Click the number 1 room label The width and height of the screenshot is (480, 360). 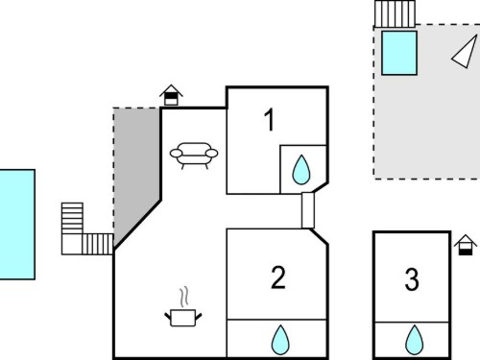click(270, 120)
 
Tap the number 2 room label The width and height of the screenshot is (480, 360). click(278, 277)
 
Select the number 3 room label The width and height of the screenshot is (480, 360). click(412, 279)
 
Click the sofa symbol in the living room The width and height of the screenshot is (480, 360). click(194, 156)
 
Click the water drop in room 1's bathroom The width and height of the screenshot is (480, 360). click(301, 170)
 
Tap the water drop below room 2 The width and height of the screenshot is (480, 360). click(280, 340)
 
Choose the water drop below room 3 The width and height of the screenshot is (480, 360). click(414, 340)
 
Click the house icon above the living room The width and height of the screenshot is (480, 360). click(171, 95)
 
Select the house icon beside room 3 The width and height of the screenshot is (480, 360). click(466, 245)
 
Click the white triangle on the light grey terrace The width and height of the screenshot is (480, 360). click(466, 53)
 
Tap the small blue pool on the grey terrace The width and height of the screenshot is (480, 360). click(399, 53)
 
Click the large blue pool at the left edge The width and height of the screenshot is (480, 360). click(17, 225)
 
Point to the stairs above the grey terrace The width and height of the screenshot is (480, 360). click(395, 13)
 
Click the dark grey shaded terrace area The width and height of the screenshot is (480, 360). click(136, 166)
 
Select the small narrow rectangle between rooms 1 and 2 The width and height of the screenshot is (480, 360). click(308, 210)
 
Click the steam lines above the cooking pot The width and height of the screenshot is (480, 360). click(183, 297)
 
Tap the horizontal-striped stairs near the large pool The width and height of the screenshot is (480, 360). click(72, 218)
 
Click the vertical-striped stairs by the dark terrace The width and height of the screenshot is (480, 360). click(98, 244)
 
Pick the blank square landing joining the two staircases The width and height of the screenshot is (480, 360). click(72, 245)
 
